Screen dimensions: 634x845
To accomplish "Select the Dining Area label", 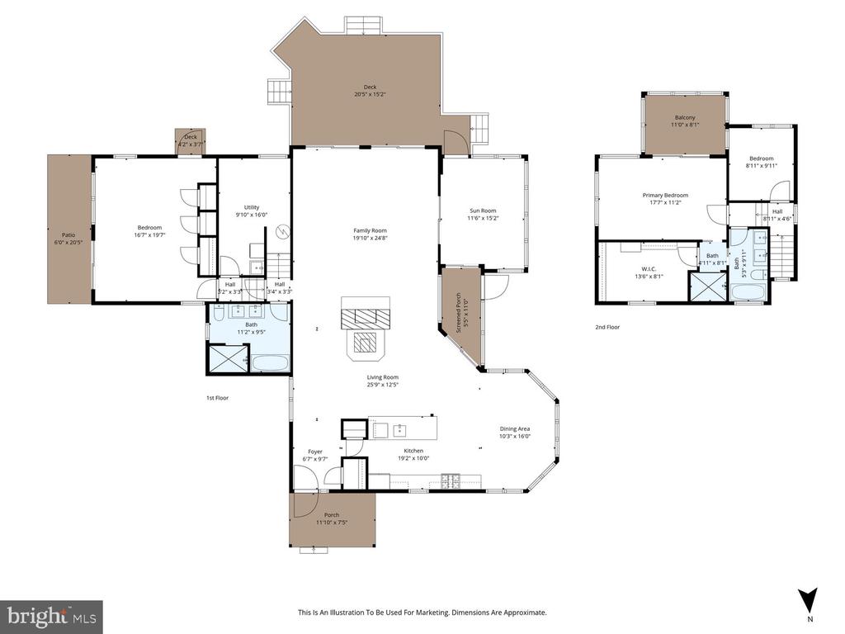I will click(514, 428).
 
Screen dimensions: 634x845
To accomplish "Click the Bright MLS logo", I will click(51, 616).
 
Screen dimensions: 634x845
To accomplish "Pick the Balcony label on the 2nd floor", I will click(684, 117).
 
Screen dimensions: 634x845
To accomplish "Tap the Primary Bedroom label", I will click(665, 196).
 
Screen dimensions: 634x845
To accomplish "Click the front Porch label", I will click(331, 515).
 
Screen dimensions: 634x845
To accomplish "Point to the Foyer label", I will click(315, 451).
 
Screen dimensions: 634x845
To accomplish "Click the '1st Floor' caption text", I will click(217, 398).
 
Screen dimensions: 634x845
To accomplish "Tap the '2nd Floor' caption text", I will click(607, 327).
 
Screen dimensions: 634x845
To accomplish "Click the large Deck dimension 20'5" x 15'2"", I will click(369, 94).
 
